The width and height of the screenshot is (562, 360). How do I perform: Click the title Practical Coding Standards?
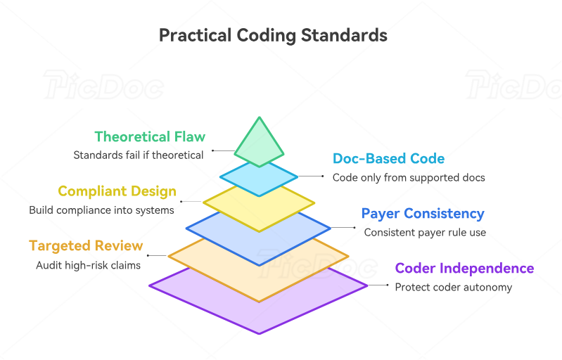[273, 34]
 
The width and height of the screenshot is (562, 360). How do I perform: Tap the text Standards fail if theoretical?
[139, 155]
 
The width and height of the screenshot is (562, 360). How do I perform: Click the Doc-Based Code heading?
[388, 159]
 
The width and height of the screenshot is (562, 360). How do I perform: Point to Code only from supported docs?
[409, 178]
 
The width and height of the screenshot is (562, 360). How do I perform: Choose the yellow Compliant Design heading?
[117, 191]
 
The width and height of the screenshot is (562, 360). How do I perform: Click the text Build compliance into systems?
[101, 210]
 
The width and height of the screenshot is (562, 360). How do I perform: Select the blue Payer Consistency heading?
[423, 214]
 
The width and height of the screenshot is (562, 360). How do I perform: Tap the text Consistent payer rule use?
[425, 232]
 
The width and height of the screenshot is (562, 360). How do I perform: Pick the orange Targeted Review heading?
[86, 246]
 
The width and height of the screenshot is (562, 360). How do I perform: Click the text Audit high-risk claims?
[89, 265]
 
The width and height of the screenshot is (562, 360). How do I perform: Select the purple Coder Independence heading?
[464, 269]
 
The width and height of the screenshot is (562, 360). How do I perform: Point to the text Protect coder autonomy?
[454, 287]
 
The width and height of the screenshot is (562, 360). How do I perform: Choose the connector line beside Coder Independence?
[377, 285]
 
